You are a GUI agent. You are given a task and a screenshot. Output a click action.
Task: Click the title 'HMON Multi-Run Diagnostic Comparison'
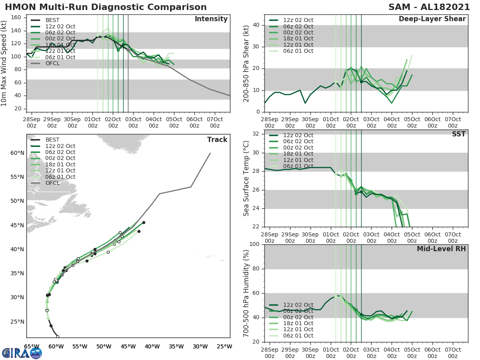tap(106, 7)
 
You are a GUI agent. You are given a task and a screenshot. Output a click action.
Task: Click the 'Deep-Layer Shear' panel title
tap(432, 19)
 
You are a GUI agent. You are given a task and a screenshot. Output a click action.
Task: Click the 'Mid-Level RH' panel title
tap(441, 249)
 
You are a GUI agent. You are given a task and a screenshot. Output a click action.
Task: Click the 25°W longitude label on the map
tap(225, 346)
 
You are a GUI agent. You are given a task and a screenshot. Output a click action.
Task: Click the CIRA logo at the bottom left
tap(22, 353)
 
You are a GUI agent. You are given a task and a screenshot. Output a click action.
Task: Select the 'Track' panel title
tap(217, 140)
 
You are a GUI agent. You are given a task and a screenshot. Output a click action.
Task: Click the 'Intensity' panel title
tap(211, 19)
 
